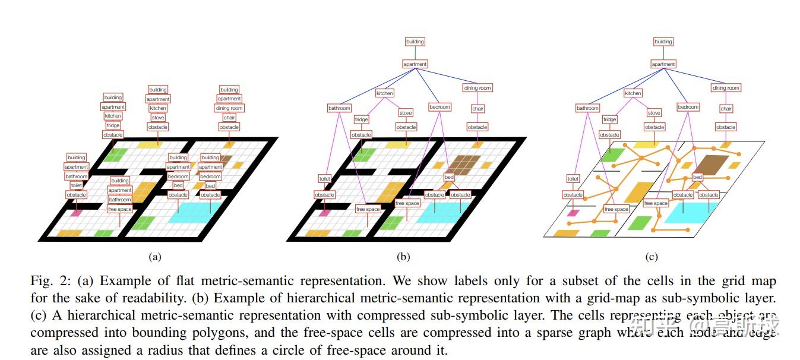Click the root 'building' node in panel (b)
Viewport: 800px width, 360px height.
pyautogui.click(x=415, y=42)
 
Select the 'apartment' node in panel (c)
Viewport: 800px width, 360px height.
pyautogui.click(x=663, y=64)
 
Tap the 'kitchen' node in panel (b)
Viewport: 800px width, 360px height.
pyautogui.click(x=385, y=93)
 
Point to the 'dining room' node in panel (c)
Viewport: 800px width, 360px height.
pyautogui.click(x=726, y=88)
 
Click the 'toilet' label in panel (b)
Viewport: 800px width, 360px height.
pyautogui.click(x=324, y=178)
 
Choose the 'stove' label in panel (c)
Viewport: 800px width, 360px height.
pyautogui.click(x=654, y=113)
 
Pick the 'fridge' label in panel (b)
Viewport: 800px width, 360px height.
pyautogui.click(x=361, y=119)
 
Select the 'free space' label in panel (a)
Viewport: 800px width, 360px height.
pyautogui.click(x=119, y=209)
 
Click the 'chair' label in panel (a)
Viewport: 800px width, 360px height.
pyautogui.click(x=229, y=118)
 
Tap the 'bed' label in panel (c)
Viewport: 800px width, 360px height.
pyautogui.click(x=697, y=177)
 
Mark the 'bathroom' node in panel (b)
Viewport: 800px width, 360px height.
pyautogui.click(x=339, y=108)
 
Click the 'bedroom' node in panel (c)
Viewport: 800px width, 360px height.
pyautogui.click(x=688, y=107)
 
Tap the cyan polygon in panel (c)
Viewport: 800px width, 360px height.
pyautogui.click(x=689, y=212)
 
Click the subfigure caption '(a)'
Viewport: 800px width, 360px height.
pyautogui.click(x=154, y=257)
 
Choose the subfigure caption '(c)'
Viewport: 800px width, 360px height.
pyautogui.click(x=651, y=257)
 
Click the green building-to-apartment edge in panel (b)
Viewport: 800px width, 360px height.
pyautogui.click(x=415, y=53)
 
